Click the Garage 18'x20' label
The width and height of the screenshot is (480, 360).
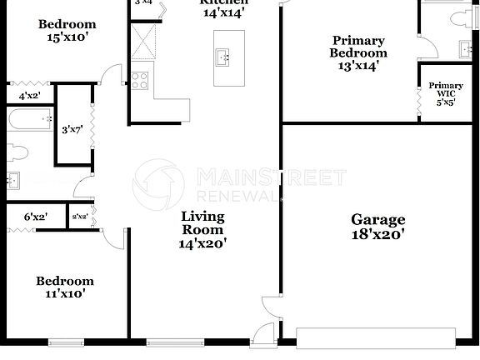[377, 227]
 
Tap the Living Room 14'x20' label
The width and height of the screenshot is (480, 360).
[202, 229]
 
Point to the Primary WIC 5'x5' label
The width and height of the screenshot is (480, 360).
[446, 93]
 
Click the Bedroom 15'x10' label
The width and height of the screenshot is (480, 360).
[67, 31]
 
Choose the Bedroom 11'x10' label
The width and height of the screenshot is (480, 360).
[65, 287]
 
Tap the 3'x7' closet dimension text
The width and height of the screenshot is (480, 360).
[70, 130]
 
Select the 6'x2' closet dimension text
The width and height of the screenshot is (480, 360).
[35, 217]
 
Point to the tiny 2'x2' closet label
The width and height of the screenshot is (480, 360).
[79, 217]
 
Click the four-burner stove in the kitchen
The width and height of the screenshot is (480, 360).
[139, 81]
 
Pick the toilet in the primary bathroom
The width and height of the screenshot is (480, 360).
[463, 22]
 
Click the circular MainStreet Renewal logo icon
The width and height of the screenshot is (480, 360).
[157, 184]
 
